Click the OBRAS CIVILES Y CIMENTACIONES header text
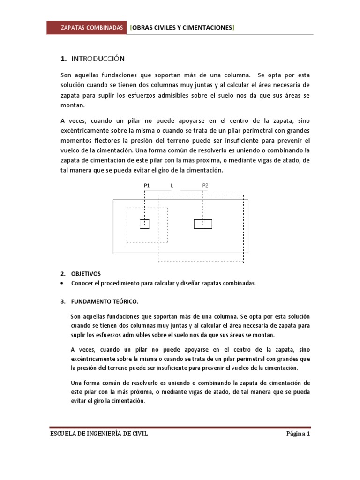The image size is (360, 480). tap(182, 28)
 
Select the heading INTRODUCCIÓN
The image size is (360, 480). tap(98, 59)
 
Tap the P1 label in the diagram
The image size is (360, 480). tap(147, 186)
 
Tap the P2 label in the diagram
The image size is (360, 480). tap(205, 186)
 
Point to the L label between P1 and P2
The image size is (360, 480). tap(172, 186)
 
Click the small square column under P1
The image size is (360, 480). tap(145, 224)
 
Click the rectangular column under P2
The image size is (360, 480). tap(203, 224)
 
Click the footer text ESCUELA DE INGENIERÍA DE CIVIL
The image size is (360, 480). tap(99, 434)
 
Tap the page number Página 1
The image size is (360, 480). tap(298, 434)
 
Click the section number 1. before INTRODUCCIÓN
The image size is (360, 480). tap(64, 59)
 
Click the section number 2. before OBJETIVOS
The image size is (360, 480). tap(63, 273)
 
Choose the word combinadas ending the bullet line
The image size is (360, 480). tap(239, 284)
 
